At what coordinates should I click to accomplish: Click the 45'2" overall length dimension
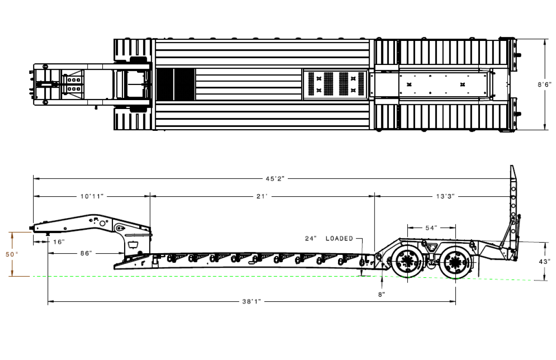click(x=275, y=179)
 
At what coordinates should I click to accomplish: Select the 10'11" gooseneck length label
click(x=92, y=196)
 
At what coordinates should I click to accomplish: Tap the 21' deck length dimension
click(x=262, y=196)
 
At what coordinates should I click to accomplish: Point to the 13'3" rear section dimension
click(x=445, y=196)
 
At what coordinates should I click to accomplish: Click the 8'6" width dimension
click(x=544, y=85)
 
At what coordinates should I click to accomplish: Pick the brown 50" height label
click(x=12, y=255)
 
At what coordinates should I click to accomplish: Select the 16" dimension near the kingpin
click(x=59, y=242)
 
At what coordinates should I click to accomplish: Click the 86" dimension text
click(x=86, y=253)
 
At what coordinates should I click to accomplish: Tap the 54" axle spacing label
click(x=431, y=228)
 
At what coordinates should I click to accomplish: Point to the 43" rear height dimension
click(x=544, y=262)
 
